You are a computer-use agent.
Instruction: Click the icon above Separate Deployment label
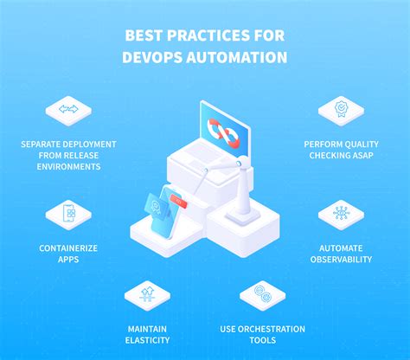point(68,109)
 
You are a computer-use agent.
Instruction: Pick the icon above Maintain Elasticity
point(148,294)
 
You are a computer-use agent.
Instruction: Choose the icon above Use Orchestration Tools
point(260,294)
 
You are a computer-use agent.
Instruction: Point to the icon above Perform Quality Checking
point(340,109)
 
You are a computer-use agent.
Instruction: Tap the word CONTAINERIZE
point(68,247)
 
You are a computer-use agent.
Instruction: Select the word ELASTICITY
point(148,340)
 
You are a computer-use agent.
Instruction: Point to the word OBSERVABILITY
point(340,259)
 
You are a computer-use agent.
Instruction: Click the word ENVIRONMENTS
point(68,166)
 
